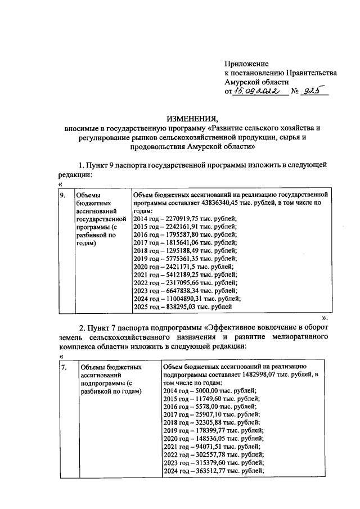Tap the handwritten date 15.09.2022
[259, 92]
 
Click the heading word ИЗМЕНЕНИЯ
[191, 119]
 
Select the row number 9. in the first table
[64, 195]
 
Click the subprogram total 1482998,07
[263, 375]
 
